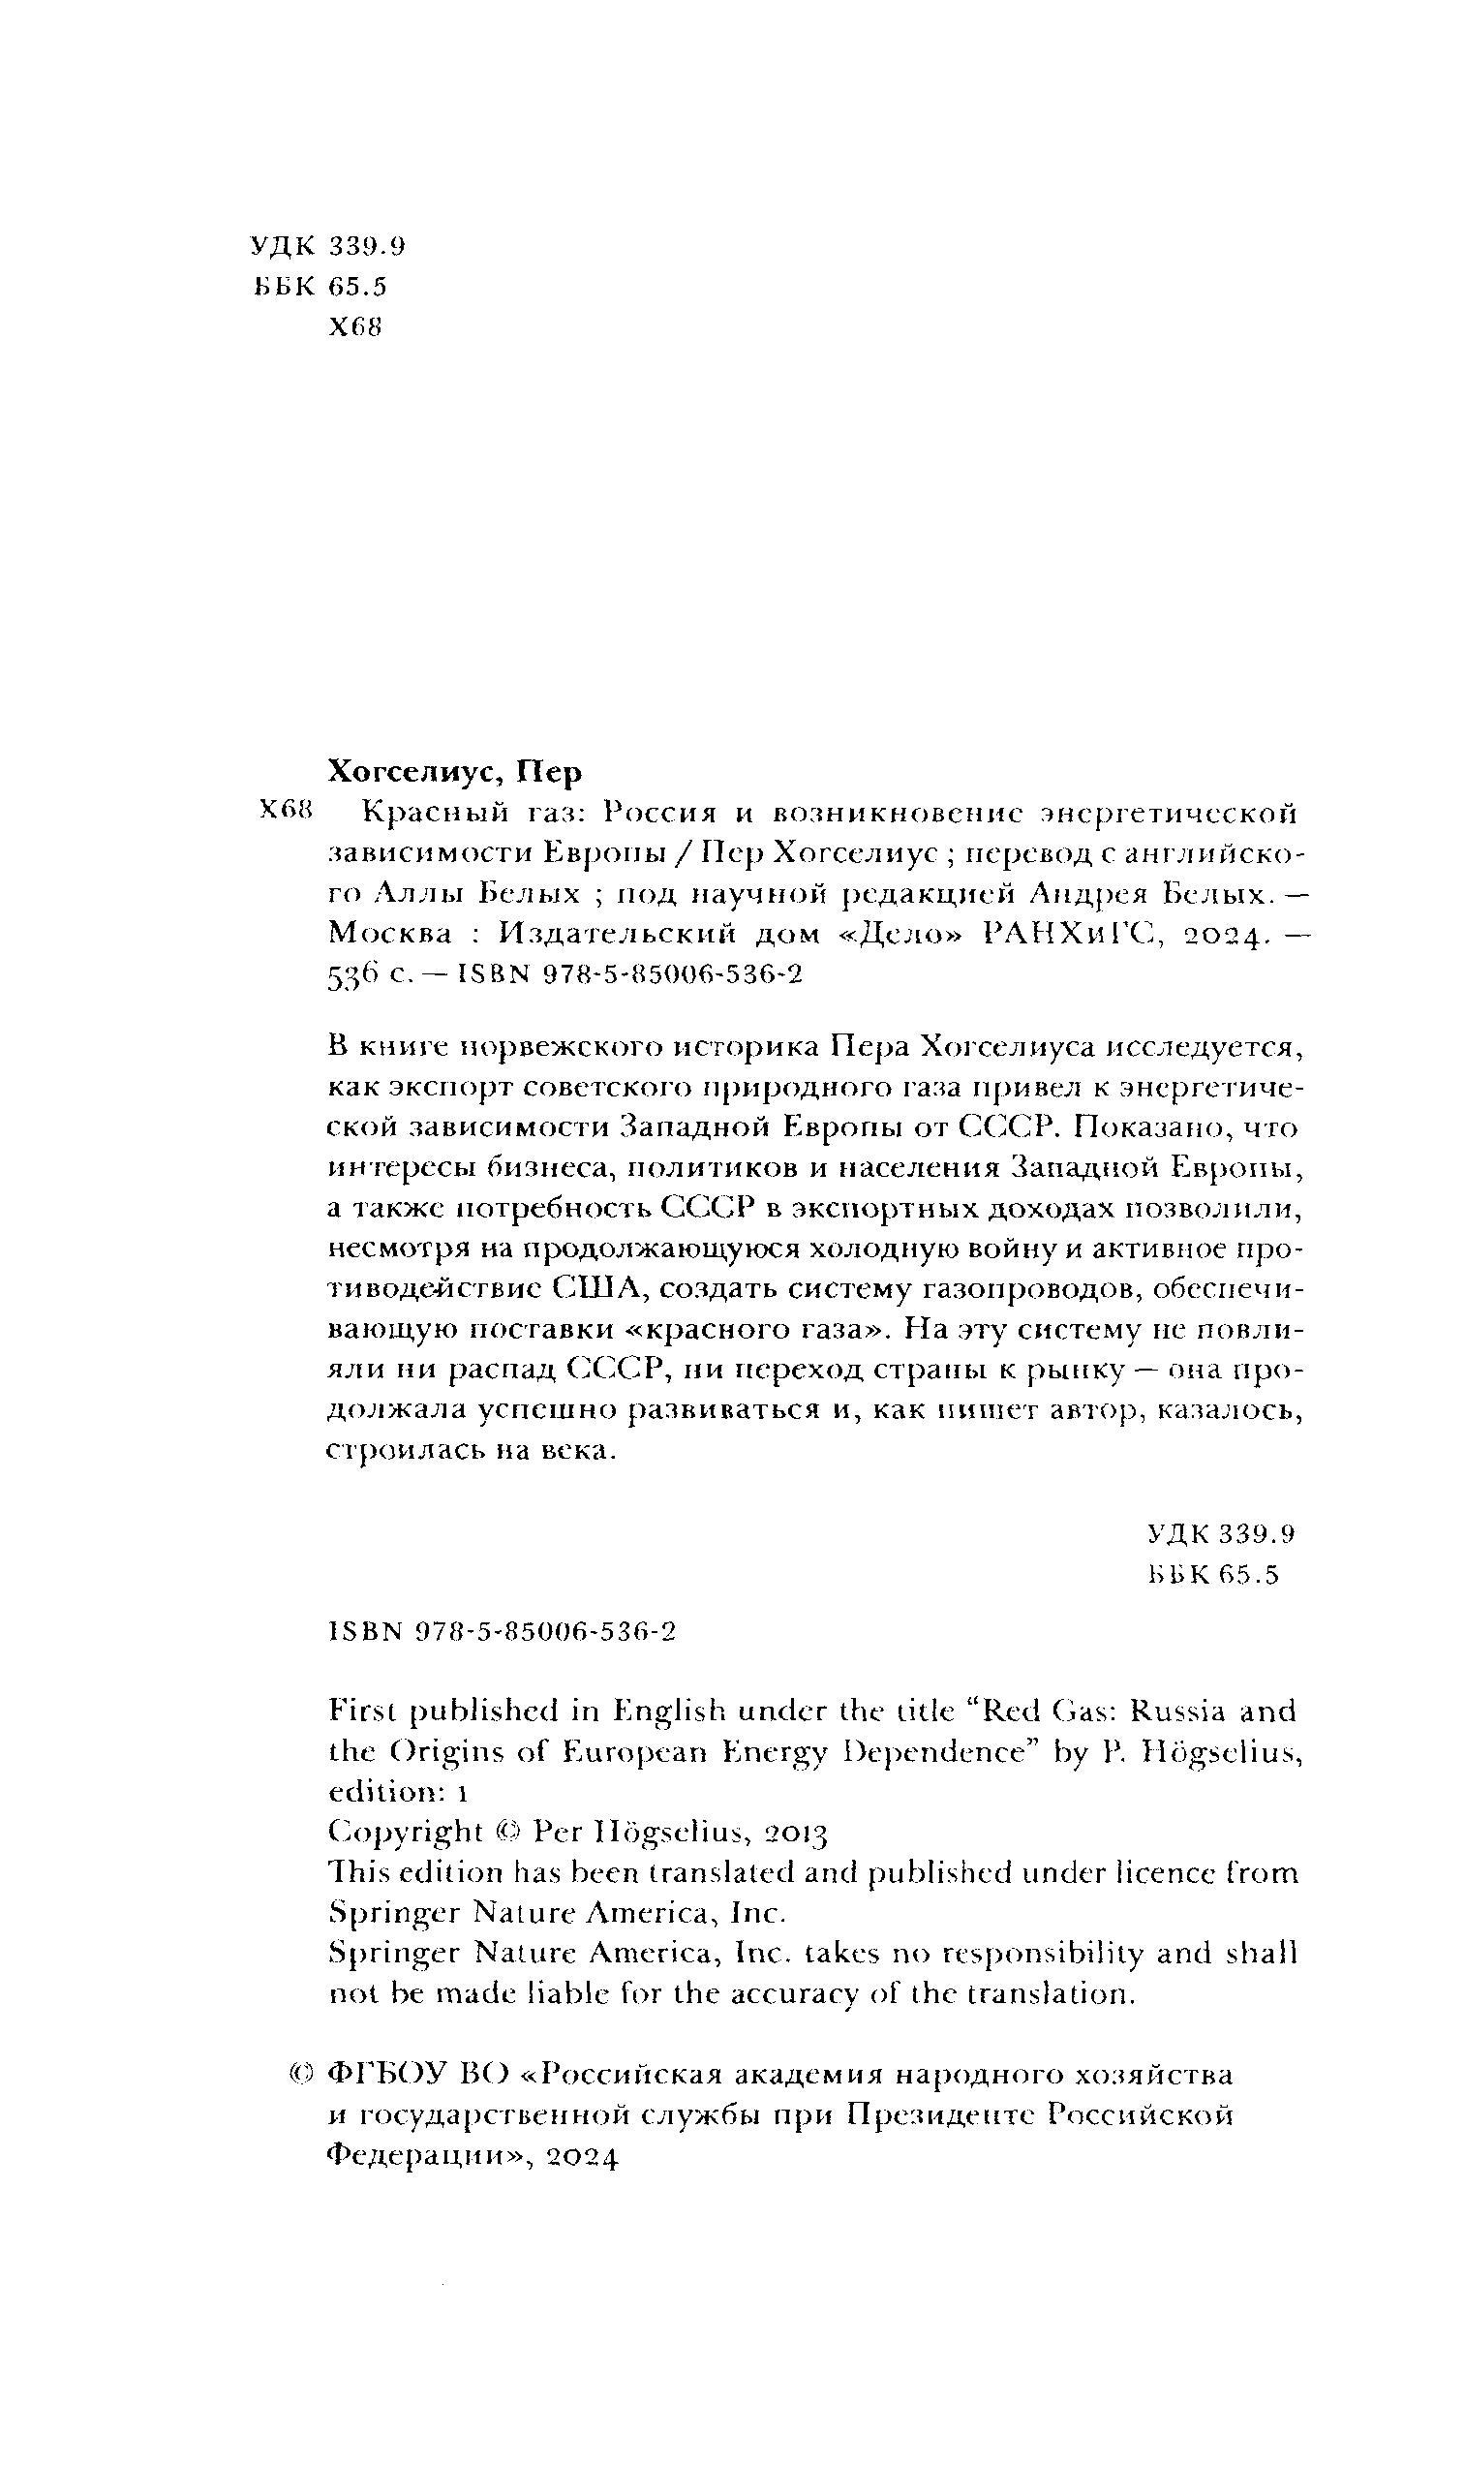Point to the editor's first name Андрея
tap(1083, 894)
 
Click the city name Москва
tap(390, 934)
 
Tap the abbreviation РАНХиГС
tap(1068, 934)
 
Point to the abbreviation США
tap(597, 1289)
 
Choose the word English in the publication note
tap(670, 1710)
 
